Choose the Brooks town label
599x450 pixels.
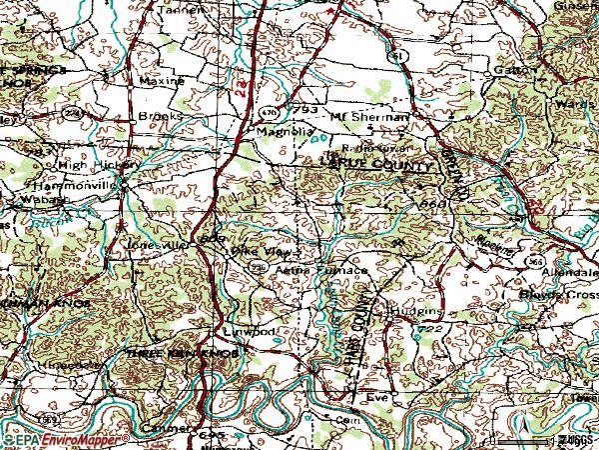click(161, 116)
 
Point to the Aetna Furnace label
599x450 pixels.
click(321, 271)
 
